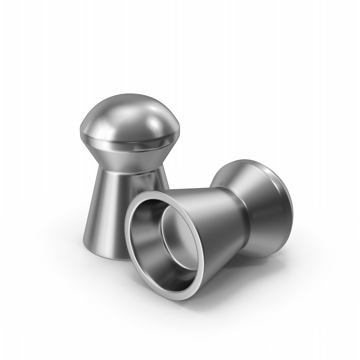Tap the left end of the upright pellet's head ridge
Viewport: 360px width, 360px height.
(81, 132)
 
